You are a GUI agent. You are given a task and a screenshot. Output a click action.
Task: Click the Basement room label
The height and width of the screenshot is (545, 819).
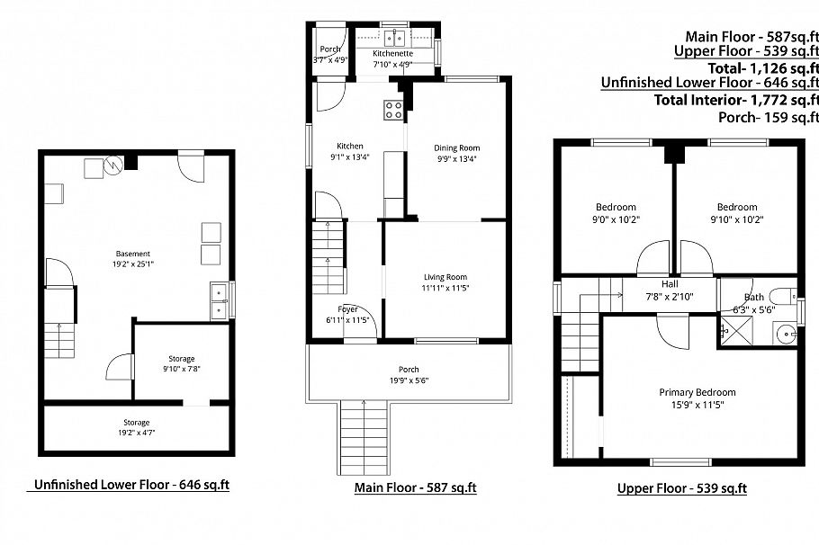pyautogui.click(x=132, y=254)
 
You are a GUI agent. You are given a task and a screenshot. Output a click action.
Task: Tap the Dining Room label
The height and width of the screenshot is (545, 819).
pyautogui.click(x=457, y=148)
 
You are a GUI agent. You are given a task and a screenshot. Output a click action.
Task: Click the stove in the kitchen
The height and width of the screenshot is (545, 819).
pyautogui.click(x=393, y=110)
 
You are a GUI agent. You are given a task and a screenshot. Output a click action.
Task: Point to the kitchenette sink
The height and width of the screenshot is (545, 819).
pyautogui.click(x=393, y=38)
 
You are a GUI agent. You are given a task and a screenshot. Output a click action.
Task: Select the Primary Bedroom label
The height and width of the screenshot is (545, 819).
pyautogui.click(x=697, y=392)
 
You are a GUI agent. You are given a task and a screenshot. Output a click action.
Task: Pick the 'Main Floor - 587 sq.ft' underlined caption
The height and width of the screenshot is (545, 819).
pyautogui.click(x=415, y=487)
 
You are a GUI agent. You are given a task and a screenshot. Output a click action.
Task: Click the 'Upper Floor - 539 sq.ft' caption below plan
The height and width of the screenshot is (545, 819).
pyautogui.click(x=681, y=488)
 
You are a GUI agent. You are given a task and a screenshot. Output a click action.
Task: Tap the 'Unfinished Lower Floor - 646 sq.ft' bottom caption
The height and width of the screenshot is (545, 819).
pyautogui.click(x=131, y=485)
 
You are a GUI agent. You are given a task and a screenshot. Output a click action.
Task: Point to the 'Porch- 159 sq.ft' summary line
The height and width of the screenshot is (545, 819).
pyautogui.click(x=768, y=117)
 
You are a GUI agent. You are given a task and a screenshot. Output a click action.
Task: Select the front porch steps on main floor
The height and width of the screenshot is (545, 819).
pyautogui.click(x=363, y=435)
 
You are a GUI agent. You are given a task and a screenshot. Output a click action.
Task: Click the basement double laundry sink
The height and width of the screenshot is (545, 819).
pyautogui.click(x=219, y=300)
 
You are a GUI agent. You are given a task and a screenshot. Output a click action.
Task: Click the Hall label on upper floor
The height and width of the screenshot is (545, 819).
pyautogui.click(x=670, y=283)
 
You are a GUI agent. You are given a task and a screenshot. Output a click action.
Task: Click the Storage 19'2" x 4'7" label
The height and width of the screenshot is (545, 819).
pyautogui.click(x=137, y=428)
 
